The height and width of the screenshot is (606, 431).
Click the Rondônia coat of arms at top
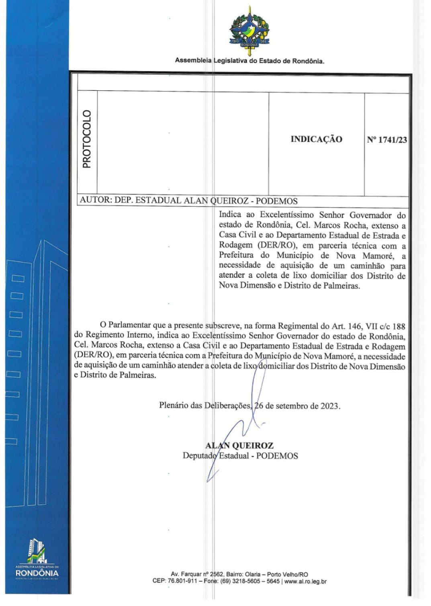point(249,31)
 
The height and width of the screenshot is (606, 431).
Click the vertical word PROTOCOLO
point(87,139)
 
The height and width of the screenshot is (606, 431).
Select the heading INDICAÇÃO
point(316,139)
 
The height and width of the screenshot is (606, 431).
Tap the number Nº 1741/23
point(386,140)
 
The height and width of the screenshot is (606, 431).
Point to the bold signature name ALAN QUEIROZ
point(239,445)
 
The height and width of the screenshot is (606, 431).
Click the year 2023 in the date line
point(330,406)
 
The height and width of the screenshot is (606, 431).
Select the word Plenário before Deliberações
point(174,405)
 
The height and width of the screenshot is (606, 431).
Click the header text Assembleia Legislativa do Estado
point(249,61)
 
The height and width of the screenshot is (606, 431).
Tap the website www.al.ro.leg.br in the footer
point(305,581)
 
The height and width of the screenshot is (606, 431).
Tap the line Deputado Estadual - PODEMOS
point(240,456)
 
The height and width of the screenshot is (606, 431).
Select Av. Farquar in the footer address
point(186,574)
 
